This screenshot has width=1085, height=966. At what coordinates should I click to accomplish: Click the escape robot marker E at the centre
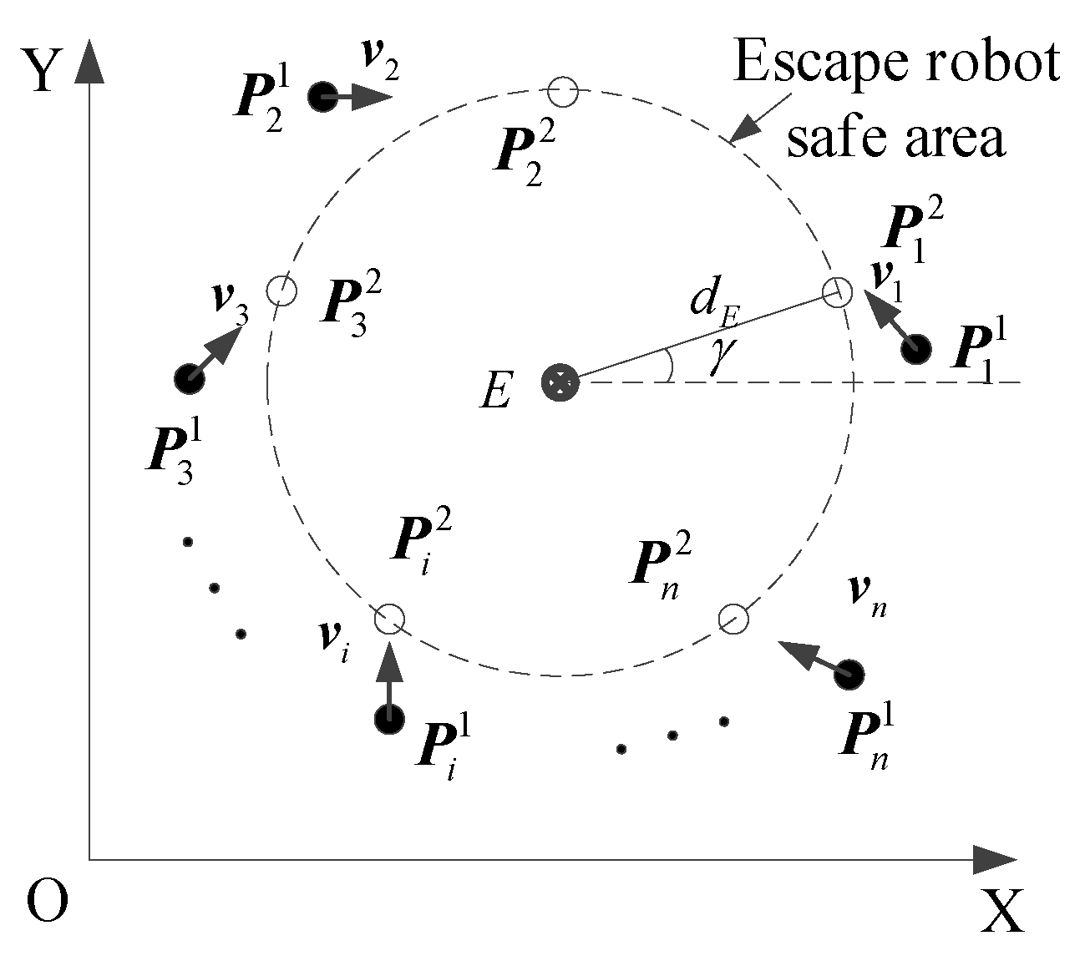click(560, 382)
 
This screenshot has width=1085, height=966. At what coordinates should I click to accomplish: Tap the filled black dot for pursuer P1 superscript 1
click(916, 348)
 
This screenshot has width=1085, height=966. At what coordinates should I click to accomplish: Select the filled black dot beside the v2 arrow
click(322, 97)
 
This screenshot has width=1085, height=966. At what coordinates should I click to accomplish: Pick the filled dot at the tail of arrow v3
click(189, 379)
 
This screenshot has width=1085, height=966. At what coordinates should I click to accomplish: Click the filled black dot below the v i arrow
click(389, 717)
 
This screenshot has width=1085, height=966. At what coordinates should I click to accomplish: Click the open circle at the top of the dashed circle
click(563, 91)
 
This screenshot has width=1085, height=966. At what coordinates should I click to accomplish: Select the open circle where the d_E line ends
click(837, 291)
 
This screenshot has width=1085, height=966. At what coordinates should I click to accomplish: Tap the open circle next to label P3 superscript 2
click(281, 291)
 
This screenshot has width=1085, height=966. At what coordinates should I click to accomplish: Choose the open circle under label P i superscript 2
click(389, 620)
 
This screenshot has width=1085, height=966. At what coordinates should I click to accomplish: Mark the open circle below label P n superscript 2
click(733, 619)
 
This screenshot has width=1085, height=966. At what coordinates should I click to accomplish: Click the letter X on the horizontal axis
click(1001, 911)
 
